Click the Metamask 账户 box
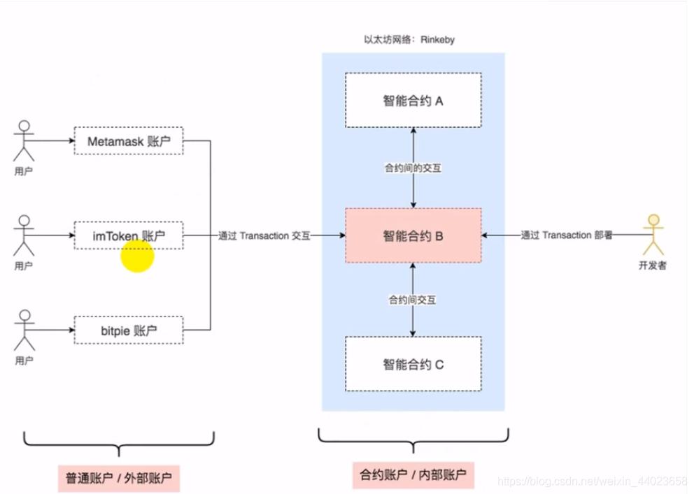coord(128,142)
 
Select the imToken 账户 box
coord(128,236)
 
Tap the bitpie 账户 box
coord(128,330)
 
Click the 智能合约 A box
coord(413,101)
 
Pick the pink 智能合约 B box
coord(413,236)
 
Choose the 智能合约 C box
coord(413,364)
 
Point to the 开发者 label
coord(652,266)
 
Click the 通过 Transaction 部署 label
coord(567,236)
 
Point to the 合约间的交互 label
coord(413,168)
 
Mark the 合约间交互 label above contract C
coord(413,300)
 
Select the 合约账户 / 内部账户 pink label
coord(413,476)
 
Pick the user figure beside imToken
coord(24,236)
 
